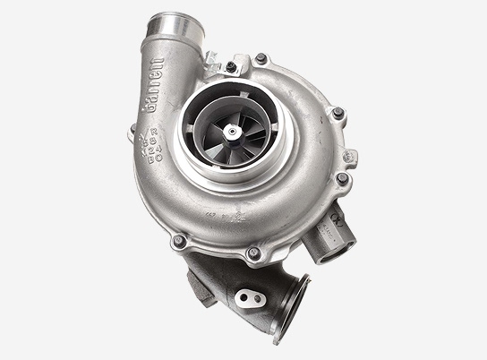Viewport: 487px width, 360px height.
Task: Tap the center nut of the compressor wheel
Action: (x=232, y=133)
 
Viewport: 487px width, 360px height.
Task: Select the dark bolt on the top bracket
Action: (x=231, y=66)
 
